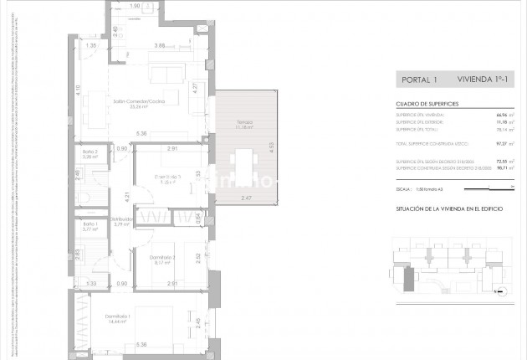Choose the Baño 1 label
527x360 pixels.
(90, 226)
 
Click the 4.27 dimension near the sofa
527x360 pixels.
(195, 86)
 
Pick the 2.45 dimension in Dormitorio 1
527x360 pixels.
(197, 323)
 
